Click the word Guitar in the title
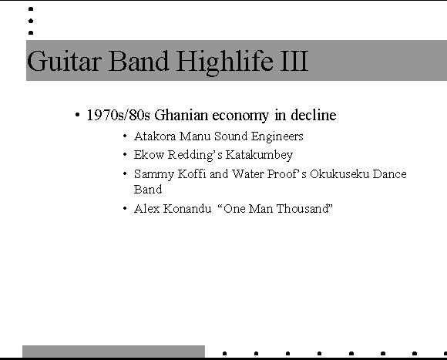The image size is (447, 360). click(65, 60)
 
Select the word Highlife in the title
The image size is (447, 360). click(224, 62)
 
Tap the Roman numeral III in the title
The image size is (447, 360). click(294, 61)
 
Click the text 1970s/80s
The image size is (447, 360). click(119, 115)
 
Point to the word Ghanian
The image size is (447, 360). click(181, 115)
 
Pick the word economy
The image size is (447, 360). click(240, 116)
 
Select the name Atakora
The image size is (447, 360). click(155, 136)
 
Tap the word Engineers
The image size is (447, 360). click(277, 136)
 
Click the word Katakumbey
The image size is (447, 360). click(259, 155)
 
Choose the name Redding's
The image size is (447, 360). click(195, 156)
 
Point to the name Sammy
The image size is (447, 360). click(154, 174)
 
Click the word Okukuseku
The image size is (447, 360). click(340, 174)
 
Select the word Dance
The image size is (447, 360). click(390, 174)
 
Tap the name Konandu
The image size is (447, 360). click(187, 209)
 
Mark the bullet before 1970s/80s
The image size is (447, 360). click(77, 115)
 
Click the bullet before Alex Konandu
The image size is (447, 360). click(125, 208)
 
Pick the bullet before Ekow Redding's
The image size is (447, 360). click(125, 154)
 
